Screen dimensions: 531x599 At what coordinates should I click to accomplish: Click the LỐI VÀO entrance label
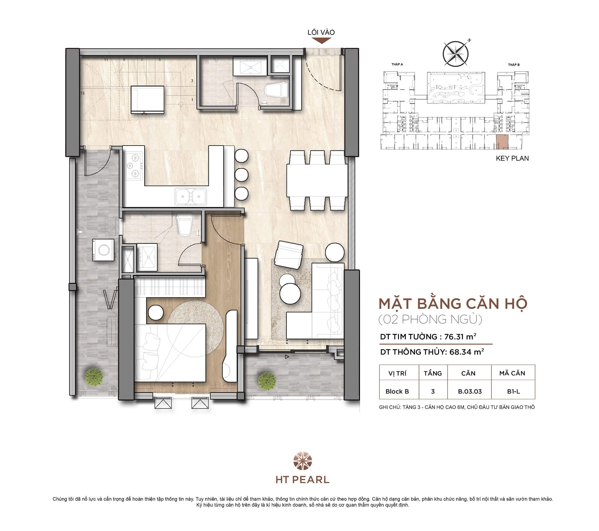321,32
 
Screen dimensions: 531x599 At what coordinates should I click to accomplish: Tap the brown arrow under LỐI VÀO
321,41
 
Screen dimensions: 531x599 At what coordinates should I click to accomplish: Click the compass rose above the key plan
456,54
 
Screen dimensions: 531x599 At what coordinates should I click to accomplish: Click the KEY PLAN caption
512,158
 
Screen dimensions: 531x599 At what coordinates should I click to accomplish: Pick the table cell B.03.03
469,391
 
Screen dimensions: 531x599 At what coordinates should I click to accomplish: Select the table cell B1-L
513,391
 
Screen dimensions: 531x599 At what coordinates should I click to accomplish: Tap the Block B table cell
397,391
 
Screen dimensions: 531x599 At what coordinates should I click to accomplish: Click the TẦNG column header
432,373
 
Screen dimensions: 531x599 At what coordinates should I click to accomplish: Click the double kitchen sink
191,196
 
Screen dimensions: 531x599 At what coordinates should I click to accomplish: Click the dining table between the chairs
317,180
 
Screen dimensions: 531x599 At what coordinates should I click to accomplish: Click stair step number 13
82,93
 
